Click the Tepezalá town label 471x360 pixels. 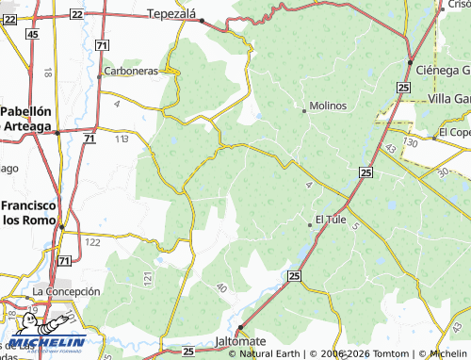(x=175, y=13)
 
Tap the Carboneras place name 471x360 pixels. (x=130, y=71)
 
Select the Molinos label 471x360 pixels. (x=328, y=106)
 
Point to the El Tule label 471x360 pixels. (x=331, y=220)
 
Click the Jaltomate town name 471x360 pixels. (x=240, y=340)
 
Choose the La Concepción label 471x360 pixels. (x=66, y=292)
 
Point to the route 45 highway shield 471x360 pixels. (x=33, y=34)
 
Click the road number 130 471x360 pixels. (x=409, y=141)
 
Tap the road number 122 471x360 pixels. (x=92, y=242)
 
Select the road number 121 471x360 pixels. (x=148, y=279)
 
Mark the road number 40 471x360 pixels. (x=221, y=286)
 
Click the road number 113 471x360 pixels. (x=122, y=139)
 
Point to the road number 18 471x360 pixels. (x=47, y=72)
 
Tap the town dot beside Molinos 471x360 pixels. (x=303, y=110)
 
